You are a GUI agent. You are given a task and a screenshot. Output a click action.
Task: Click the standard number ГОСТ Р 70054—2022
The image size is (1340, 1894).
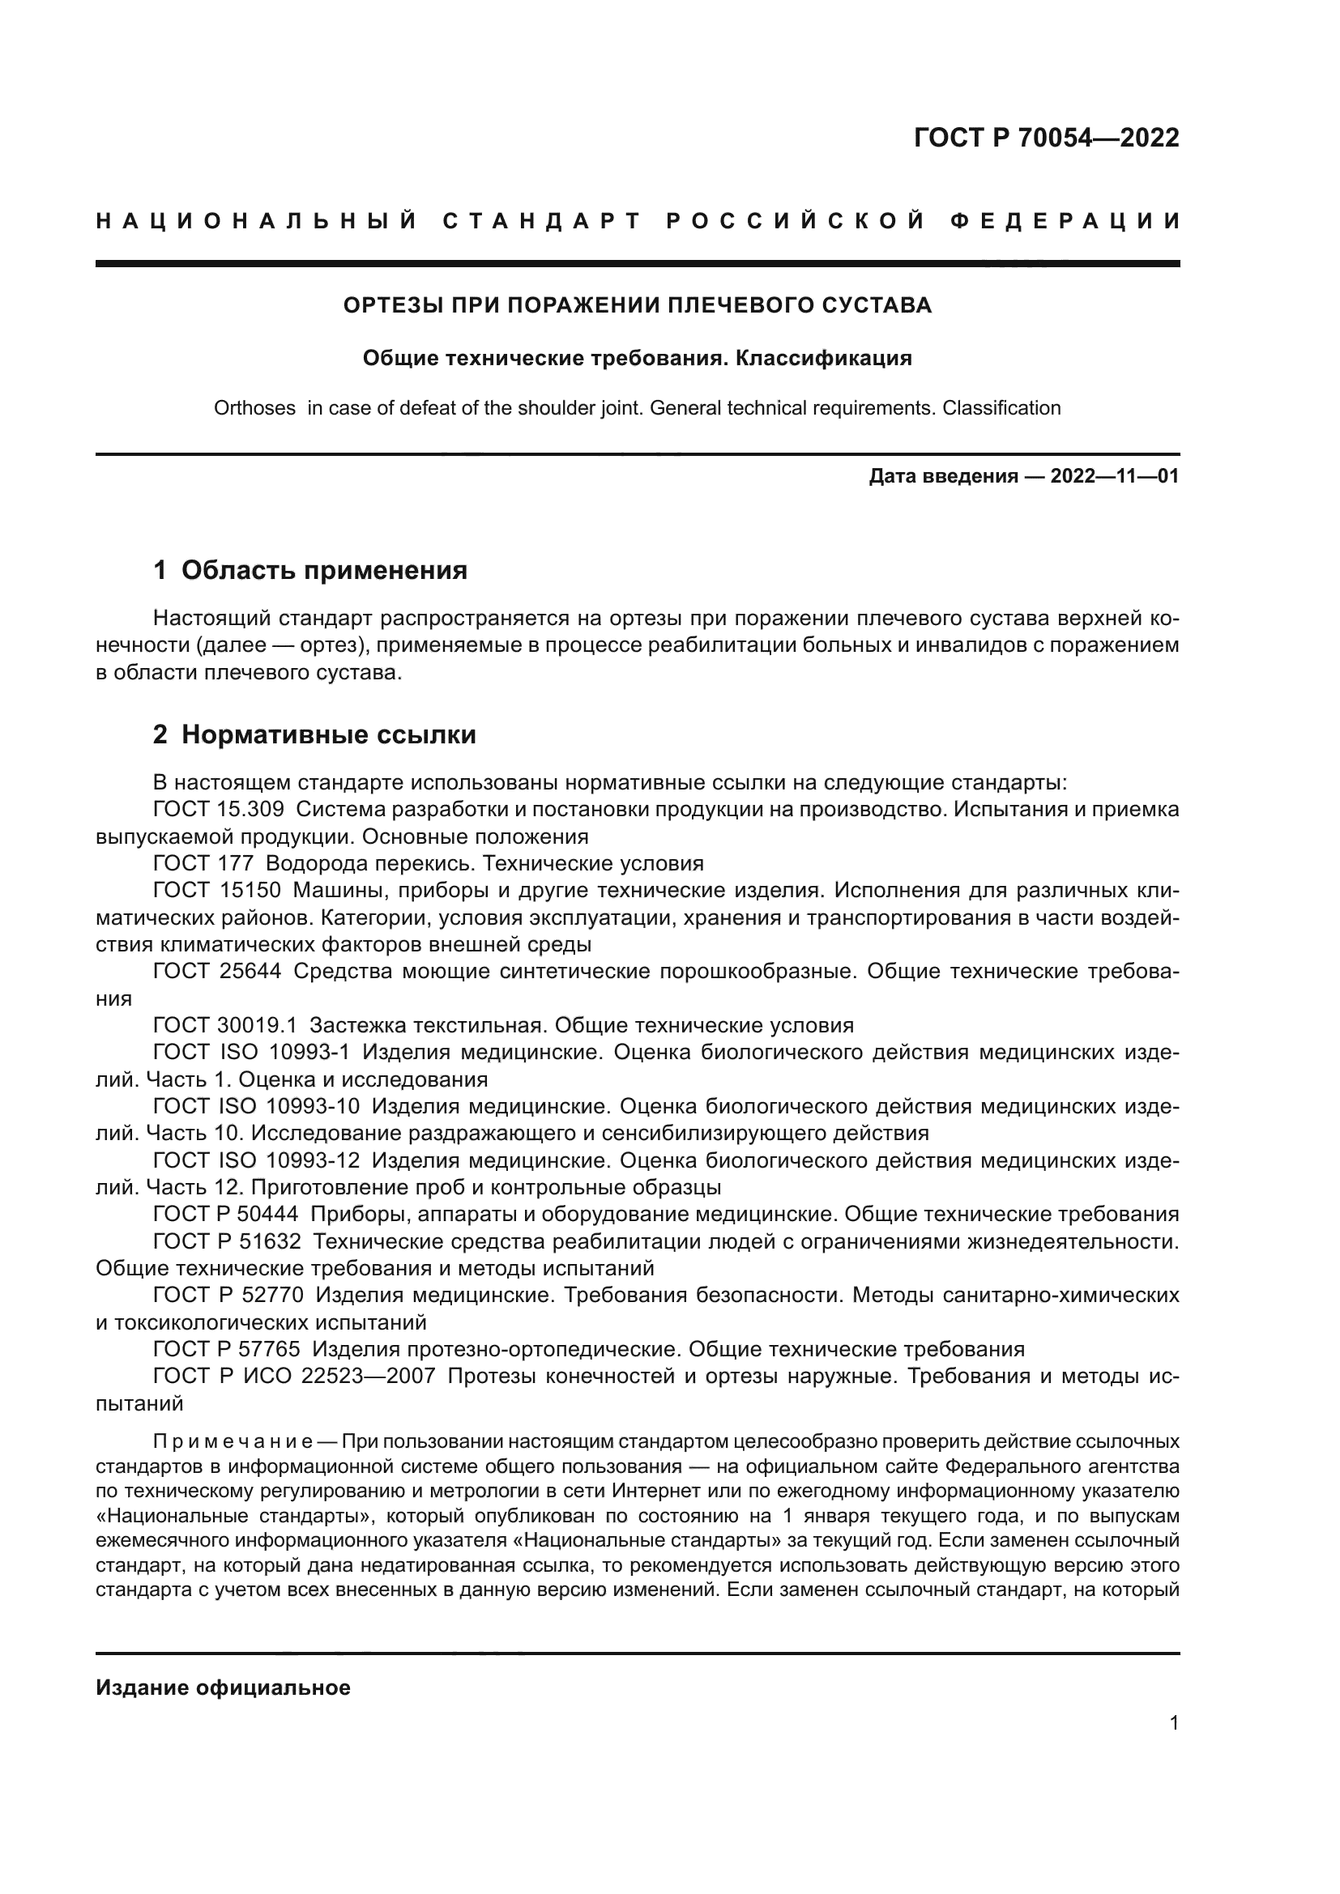1046,138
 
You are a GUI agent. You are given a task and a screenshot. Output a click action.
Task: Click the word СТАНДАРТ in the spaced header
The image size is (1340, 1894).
542,221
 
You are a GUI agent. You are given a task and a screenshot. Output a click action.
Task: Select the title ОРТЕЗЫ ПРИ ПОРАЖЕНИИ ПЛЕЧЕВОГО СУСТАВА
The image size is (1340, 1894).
637,305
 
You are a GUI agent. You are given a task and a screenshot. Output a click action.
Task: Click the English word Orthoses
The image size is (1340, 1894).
254,408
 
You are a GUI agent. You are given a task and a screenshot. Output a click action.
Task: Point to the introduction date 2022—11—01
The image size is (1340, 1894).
1114,477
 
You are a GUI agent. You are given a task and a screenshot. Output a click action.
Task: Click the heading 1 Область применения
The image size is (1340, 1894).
310,570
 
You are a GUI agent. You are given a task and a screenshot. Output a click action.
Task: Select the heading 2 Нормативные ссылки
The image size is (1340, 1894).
314,734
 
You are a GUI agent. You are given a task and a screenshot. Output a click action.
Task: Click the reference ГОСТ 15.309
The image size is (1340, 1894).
219,809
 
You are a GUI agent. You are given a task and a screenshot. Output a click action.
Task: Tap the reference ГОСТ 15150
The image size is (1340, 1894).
218,891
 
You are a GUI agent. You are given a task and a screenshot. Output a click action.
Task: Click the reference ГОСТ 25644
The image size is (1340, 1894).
218,972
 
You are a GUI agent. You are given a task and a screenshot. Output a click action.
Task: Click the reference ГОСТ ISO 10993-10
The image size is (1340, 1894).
257,1106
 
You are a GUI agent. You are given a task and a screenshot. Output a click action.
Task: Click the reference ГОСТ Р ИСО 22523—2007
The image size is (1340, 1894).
294,1377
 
